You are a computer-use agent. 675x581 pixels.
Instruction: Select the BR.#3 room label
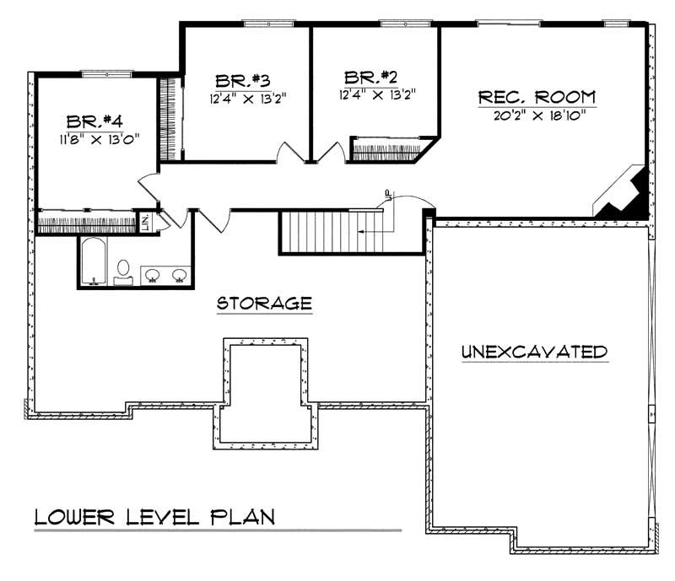click(241, 82)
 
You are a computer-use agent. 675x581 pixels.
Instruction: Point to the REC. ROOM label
click(537, 96)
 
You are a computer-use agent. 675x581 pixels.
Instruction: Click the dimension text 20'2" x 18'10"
click(537, 116)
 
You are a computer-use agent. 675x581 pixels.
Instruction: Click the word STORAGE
click(264, 303)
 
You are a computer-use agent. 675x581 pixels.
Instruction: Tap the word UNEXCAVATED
click(534, 352)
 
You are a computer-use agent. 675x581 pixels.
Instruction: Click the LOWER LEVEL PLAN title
click(154, 517)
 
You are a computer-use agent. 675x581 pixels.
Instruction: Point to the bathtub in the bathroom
click(92, 261)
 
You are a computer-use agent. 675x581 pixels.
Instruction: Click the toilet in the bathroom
click(123, 271)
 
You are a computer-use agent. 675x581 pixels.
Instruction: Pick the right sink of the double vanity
click(179, 274)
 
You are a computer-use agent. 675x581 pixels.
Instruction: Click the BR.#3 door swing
click(289, 153)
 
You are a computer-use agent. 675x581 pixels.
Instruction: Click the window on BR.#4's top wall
click(120, 74)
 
